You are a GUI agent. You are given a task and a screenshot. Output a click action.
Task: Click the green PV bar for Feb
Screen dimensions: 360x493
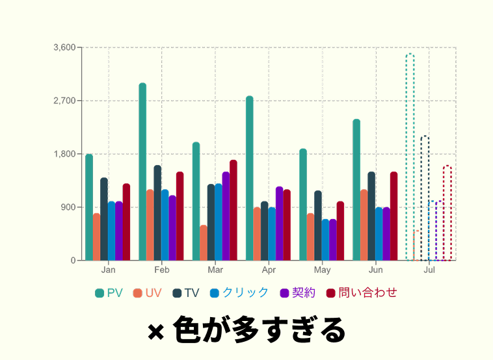coord(142,172)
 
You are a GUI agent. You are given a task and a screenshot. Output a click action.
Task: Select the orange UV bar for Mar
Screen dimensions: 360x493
coord(204,243)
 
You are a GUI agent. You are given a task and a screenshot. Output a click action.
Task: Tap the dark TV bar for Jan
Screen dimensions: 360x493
coord(104,219)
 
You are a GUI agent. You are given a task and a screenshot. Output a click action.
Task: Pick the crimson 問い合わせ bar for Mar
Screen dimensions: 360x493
coord(233,211)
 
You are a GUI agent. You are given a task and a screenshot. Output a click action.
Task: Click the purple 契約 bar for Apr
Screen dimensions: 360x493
coord(280,224)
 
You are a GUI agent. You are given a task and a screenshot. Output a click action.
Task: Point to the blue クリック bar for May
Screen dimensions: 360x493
coord(325,240)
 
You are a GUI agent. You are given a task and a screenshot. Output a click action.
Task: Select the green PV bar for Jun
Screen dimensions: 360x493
coord(356,190)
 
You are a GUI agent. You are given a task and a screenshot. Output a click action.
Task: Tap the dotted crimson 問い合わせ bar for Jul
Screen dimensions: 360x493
coord(447,213)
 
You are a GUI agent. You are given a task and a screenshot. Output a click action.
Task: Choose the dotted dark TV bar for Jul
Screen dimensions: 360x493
coord(425,198)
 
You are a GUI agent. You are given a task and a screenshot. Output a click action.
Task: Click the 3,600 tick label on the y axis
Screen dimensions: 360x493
coord(65,47)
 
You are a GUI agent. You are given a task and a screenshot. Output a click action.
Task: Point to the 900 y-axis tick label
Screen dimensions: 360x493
coord(69,207)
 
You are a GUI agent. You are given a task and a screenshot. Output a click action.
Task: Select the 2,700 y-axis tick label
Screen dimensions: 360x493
coord(65,101)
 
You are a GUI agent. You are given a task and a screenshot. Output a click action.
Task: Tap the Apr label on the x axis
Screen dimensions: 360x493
coord(269,269)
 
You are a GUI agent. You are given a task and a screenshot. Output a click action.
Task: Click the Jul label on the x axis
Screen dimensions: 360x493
coord(429,269)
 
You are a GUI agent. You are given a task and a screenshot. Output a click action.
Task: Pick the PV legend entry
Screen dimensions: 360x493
coord(109,293)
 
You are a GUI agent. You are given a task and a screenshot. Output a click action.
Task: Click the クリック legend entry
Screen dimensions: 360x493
coord(239,293)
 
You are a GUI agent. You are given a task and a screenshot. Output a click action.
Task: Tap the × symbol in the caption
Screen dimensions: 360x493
coord(155,331)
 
